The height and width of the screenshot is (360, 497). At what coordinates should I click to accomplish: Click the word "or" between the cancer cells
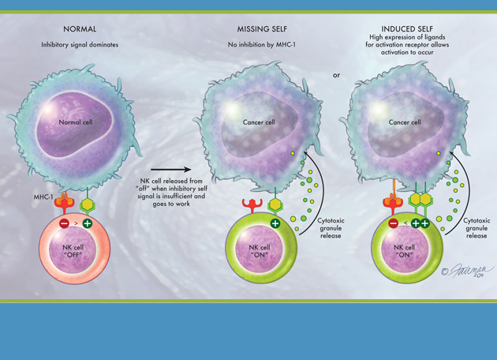coord(337,75)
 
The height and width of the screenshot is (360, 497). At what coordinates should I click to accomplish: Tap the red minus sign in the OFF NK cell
coord(64,223)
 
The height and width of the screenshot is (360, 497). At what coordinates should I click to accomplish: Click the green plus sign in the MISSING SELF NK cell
coord(275,223)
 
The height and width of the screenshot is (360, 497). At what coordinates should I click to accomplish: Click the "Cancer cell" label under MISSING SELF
coord(259,122)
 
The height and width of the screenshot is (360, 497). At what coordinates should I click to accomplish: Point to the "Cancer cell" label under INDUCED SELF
coord(405,122)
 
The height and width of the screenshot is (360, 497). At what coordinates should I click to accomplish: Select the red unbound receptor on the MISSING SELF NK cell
coord(243,207)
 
